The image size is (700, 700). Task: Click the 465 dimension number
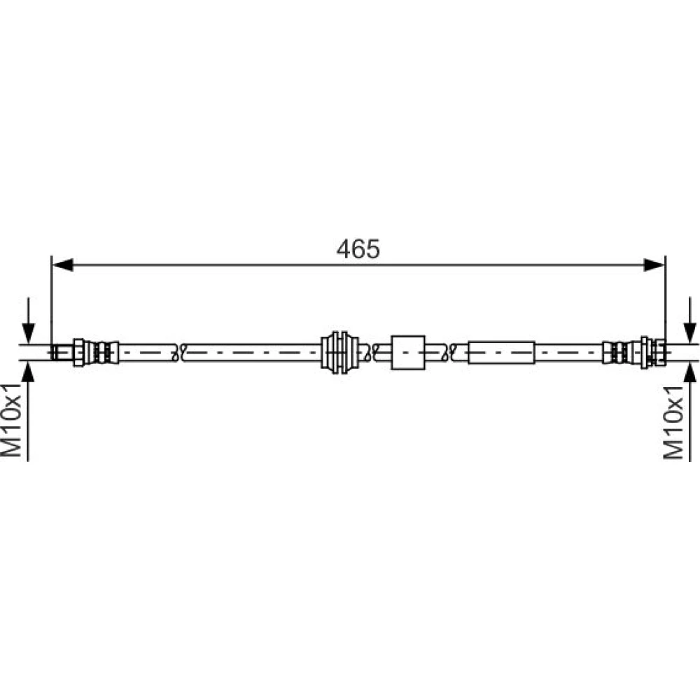coord(358,248)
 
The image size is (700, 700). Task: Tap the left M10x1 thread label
coord(11,419)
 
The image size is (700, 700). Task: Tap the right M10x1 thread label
coord(673,422)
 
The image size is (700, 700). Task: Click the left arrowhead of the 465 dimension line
coord(63,265)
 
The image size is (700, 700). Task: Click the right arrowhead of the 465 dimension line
coord(654,265)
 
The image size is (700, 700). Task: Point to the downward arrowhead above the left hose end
coord(28,333)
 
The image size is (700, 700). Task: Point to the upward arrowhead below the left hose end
coord(28,372)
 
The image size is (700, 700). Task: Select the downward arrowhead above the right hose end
coord(690,333)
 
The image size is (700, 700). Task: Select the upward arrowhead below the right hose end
coord(690,372)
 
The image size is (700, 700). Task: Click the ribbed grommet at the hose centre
coord(339,352)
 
